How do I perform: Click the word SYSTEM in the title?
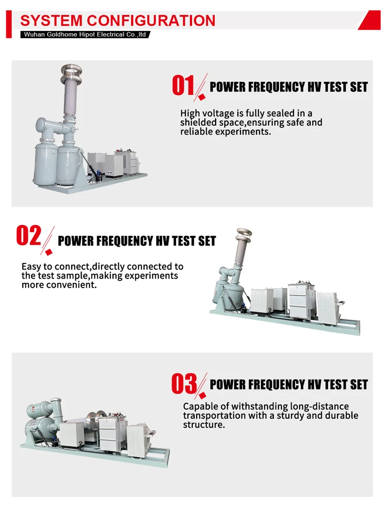coord(51,20)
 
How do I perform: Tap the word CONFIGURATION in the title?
coord(151,20)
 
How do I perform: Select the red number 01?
coord(183,86)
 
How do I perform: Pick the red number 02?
coord(29,235)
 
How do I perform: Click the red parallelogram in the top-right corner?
coord(370,20)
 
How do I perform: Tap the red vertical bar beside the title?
coord(9,24)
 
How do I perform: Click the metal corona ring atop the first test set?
coord(71,70)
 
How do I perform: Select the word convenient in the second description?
coord(75,285)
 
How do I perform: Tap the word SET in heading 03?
coord(359,385)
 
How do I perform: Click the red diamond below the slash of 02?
coord(49,252)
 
